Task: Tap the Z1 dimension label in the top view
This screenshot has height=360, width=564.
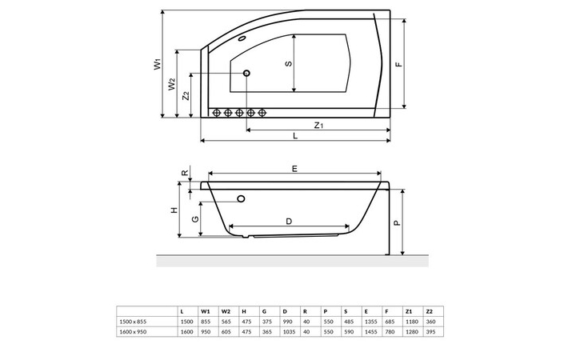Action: (x=318, y=125)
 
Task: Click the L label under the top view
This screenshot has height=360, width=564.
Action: (x=294, y=137)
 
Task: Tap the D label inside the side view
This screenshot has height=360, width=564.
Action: (x=288, y=221)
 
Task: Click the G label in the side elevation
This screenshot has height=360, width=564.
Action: (x=194, y=218)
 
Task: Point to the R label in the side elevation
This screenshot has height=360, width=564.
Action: (x=184, y=173)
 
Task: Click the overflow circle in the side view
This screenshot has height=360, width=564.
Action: (x=241, y=199)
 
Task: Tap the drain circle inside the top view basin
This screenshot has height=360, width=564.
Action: (x=246, y=74)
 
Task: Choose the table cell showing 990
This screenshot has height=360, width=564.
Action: (x=286, y=321)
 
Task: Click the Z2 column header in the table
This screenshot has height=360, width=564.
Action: (x=429, y=310)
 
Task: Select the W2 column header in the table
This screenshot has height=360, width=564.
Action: (x=226, y=310)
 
